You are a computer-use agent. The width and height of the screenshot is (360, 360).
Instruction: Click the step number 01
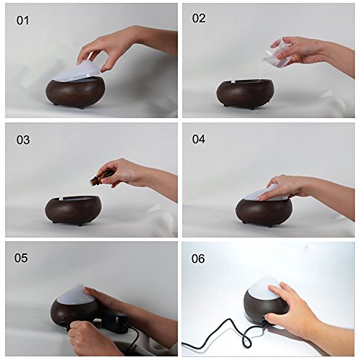pos(22,20)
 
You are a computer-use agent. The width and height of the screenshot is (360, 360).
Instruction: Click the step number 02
pos(199,18)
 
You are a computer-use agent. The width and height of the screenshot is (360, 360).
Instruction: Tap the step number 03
pos(23,140)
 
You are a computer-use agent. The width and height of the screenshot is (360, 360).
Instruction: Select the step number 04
pos(199,139)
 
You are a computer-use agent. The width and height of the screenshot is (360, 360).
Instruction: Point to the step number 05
pos(21,258)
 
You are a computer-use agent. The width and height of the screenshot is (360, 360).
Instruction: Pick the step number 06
pos(198,258)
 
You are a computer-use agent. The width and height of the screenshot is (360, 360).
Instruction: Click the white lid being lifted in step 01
pos(76,70)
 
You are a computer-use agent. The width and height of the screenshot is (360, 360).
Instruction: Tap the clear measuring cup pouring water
pos(279,52)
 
